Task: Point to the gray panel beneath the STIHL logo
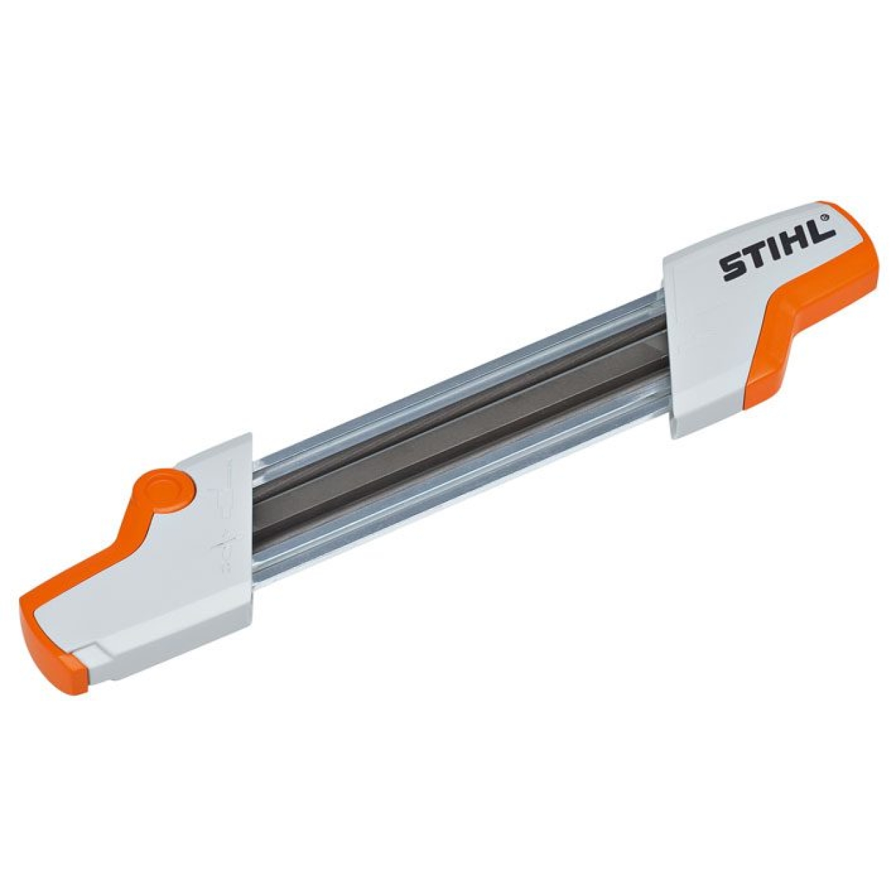tap(714, 329)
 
